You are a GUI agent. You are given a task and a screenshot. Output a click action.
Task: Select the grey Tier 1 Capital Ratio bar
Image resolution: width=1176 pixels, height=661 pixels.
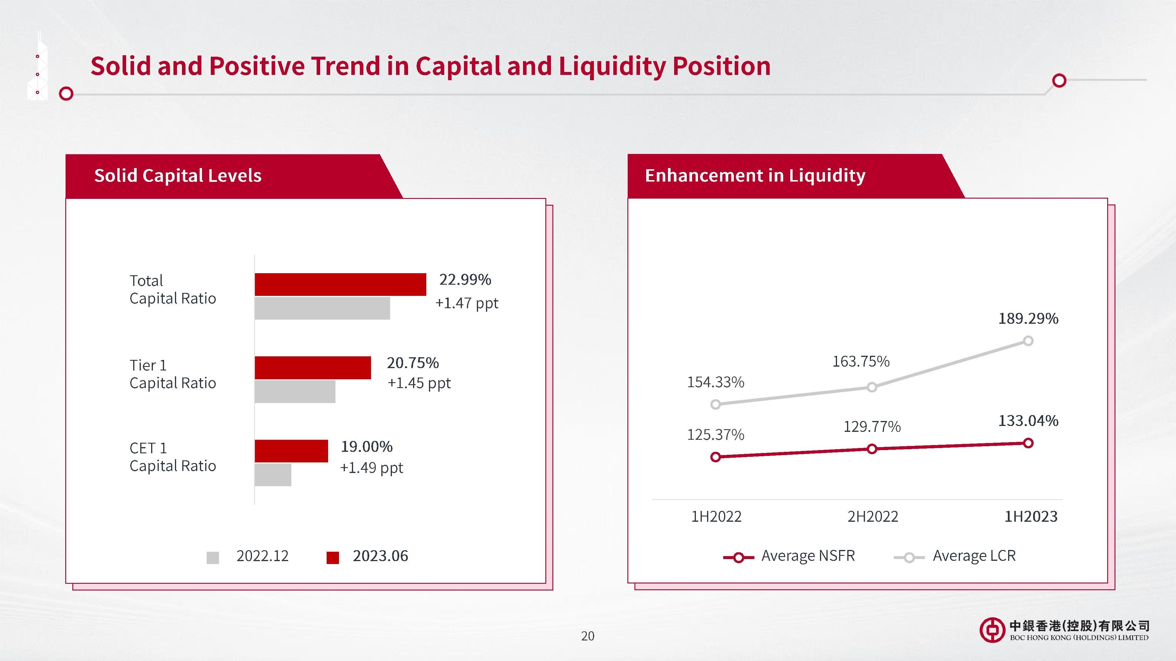coord(295,391)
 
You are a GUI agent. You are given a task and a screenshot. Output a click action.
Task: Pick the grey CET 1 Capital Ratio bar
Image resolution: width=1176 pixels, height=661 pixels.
coord(273,475)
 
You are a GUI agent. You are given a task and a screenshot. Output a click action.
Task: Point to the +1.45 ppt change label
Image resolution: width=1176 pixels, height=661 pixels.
coord(419,383)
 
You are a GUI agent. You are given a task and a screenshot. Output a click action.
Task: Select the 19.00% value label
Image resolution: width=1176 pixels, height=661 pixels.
coord(367,447)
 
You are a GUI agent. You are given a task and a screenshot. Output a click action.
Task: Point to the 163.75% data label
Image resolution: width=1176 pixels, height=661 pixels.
coord(861,362)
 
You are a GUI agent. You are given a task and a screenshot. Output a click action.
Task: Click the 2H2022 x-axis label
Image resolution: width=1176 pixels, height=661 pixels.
coord(872,517)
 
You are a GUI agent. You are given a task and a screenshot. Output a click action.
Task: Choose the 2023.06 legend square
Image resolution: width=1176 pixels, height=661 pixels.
coord(333,558)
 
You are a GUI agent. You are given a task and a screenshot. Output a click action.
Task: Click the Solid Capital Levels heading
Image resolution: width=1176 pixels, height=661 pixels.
coord(178,176)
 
